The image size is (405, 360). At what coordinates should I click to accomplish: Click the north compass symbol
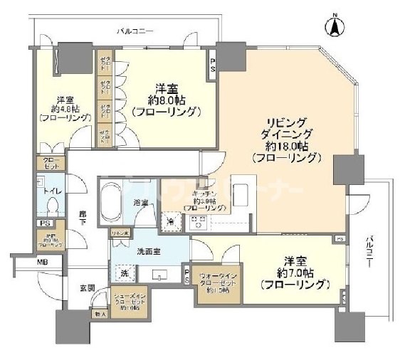pyautogui.click(x=332, y=26)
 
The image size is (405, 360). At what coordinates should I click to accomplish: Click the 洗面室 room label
pyautogui.click(x=147, y=250)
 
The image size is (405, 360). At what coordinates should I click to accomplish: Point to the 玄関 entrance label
pyautogui.click(x=87, y=288)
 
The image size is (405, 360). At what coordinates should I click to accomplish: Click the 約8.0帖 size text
pyautogui.click(x=167, y=100)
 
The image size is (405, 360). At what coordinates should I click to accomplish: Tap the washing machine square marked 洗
pyautogui.click(x=122, y=273)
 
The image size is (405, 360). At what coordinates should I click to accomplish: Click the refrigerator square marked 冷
pyautogui.click(x=171, y=223)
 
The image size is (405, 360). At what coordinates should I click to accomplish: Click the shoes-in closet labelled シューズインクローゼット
pyautogui.click(x=129, y=302)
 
